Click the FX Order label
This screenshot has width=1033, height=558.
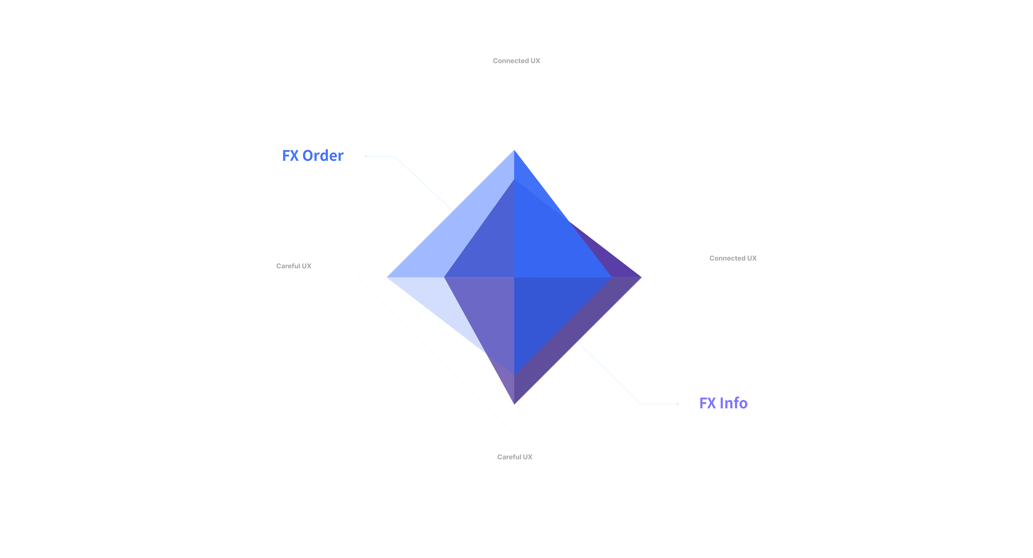[313, 156]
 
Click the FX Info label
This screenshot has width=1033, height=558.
[723, 403]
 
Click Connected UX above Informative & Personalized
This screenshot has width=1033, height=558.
[516, 61]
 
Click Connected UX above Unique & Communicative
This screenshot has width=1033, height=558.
[733, 258]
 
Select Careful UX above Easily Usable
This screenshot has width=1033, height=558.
[294, 266]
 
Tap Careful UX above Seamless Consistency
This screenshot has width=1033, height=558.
[515, 457]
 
